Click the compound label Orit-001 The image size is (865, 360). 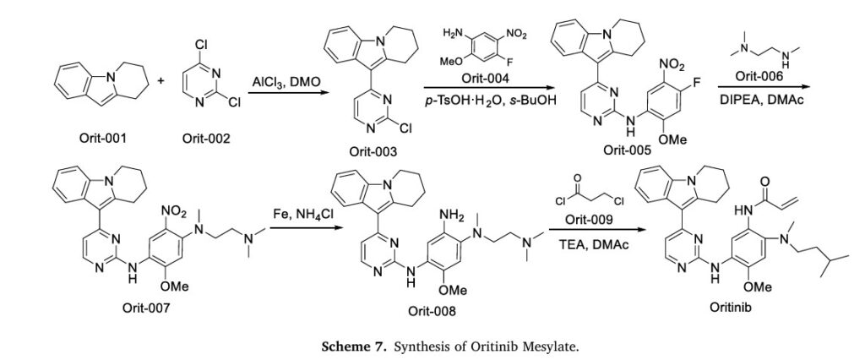[x=105, y=138]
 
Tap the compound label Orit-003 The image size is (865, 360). [x=373, y=151]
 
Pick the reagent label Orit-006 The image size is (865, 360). [x=759, y=77]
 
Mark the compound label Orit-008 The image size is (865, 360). [x=432, y=312]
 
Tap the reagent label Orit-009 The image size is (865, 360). [x=589, y=221]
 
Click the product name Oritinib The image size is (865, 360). [x=730, y=307]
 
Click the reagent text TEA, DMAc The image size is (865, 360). [x=589, y=244]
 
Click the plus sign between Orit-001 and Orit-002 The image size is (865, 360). [x=161, y=82]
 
